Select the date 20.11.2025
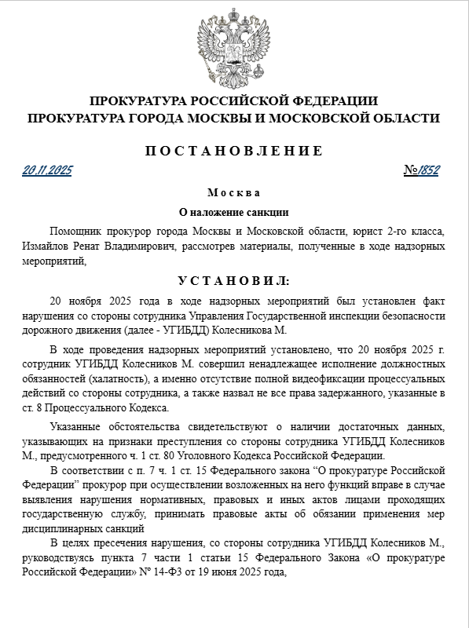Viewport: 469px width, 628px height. click(47, 170)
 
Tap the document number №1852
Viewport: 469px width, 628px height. click(421, 170)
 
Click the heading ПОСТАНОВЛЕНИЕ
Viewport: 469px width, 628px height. click(234, 151)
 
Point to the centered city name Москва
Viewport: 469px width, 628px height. click(234, 193)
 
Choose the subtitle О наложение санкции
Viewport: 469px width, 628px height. click(234, 212)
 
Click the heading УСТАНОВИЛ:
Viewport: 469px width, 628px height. click(234, 280)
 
